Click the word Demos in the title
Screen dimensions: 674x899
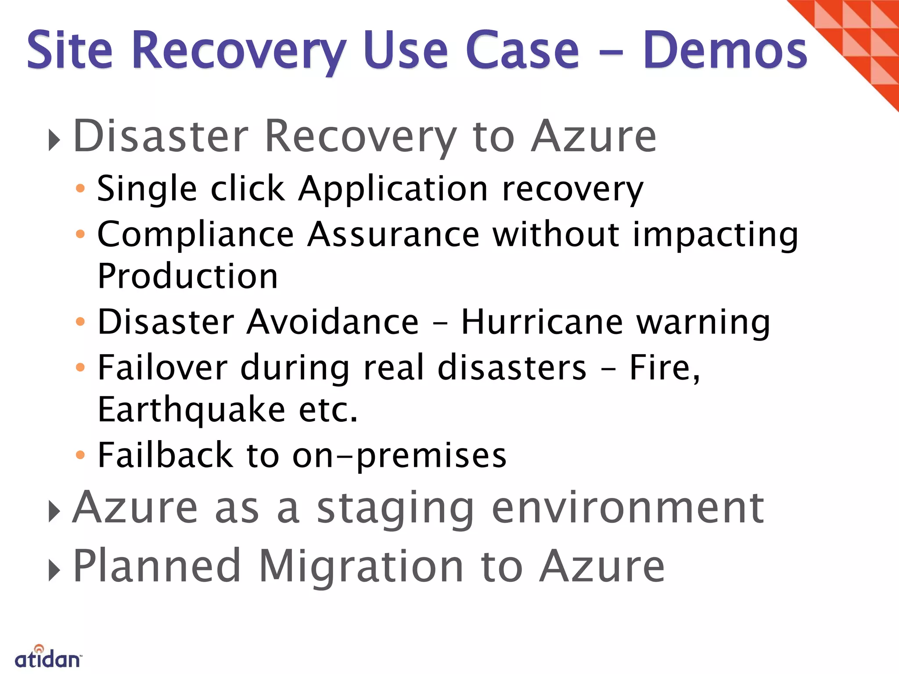pos(725,50)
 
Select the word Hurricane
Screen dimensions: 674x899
pos(542,322)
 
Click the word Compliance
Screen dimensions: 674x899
pos(195,235)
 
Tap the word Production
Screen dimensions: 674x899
pos(187,276)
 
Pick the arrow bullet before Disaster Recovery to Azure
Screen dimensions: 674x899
pos(54,141)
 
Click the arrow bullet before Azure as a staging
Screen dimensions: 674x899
pos(54,512)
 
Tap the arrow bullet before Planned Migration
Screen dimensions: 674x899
pos(54,570)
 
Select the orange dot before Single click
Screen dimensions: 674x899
pos(80,189)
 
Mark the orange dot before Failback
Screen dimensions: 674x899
pos(80,455)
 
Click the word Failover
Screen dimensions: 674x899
pos(162,367)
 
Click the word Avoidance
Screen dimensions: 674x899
pos(332,322)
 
